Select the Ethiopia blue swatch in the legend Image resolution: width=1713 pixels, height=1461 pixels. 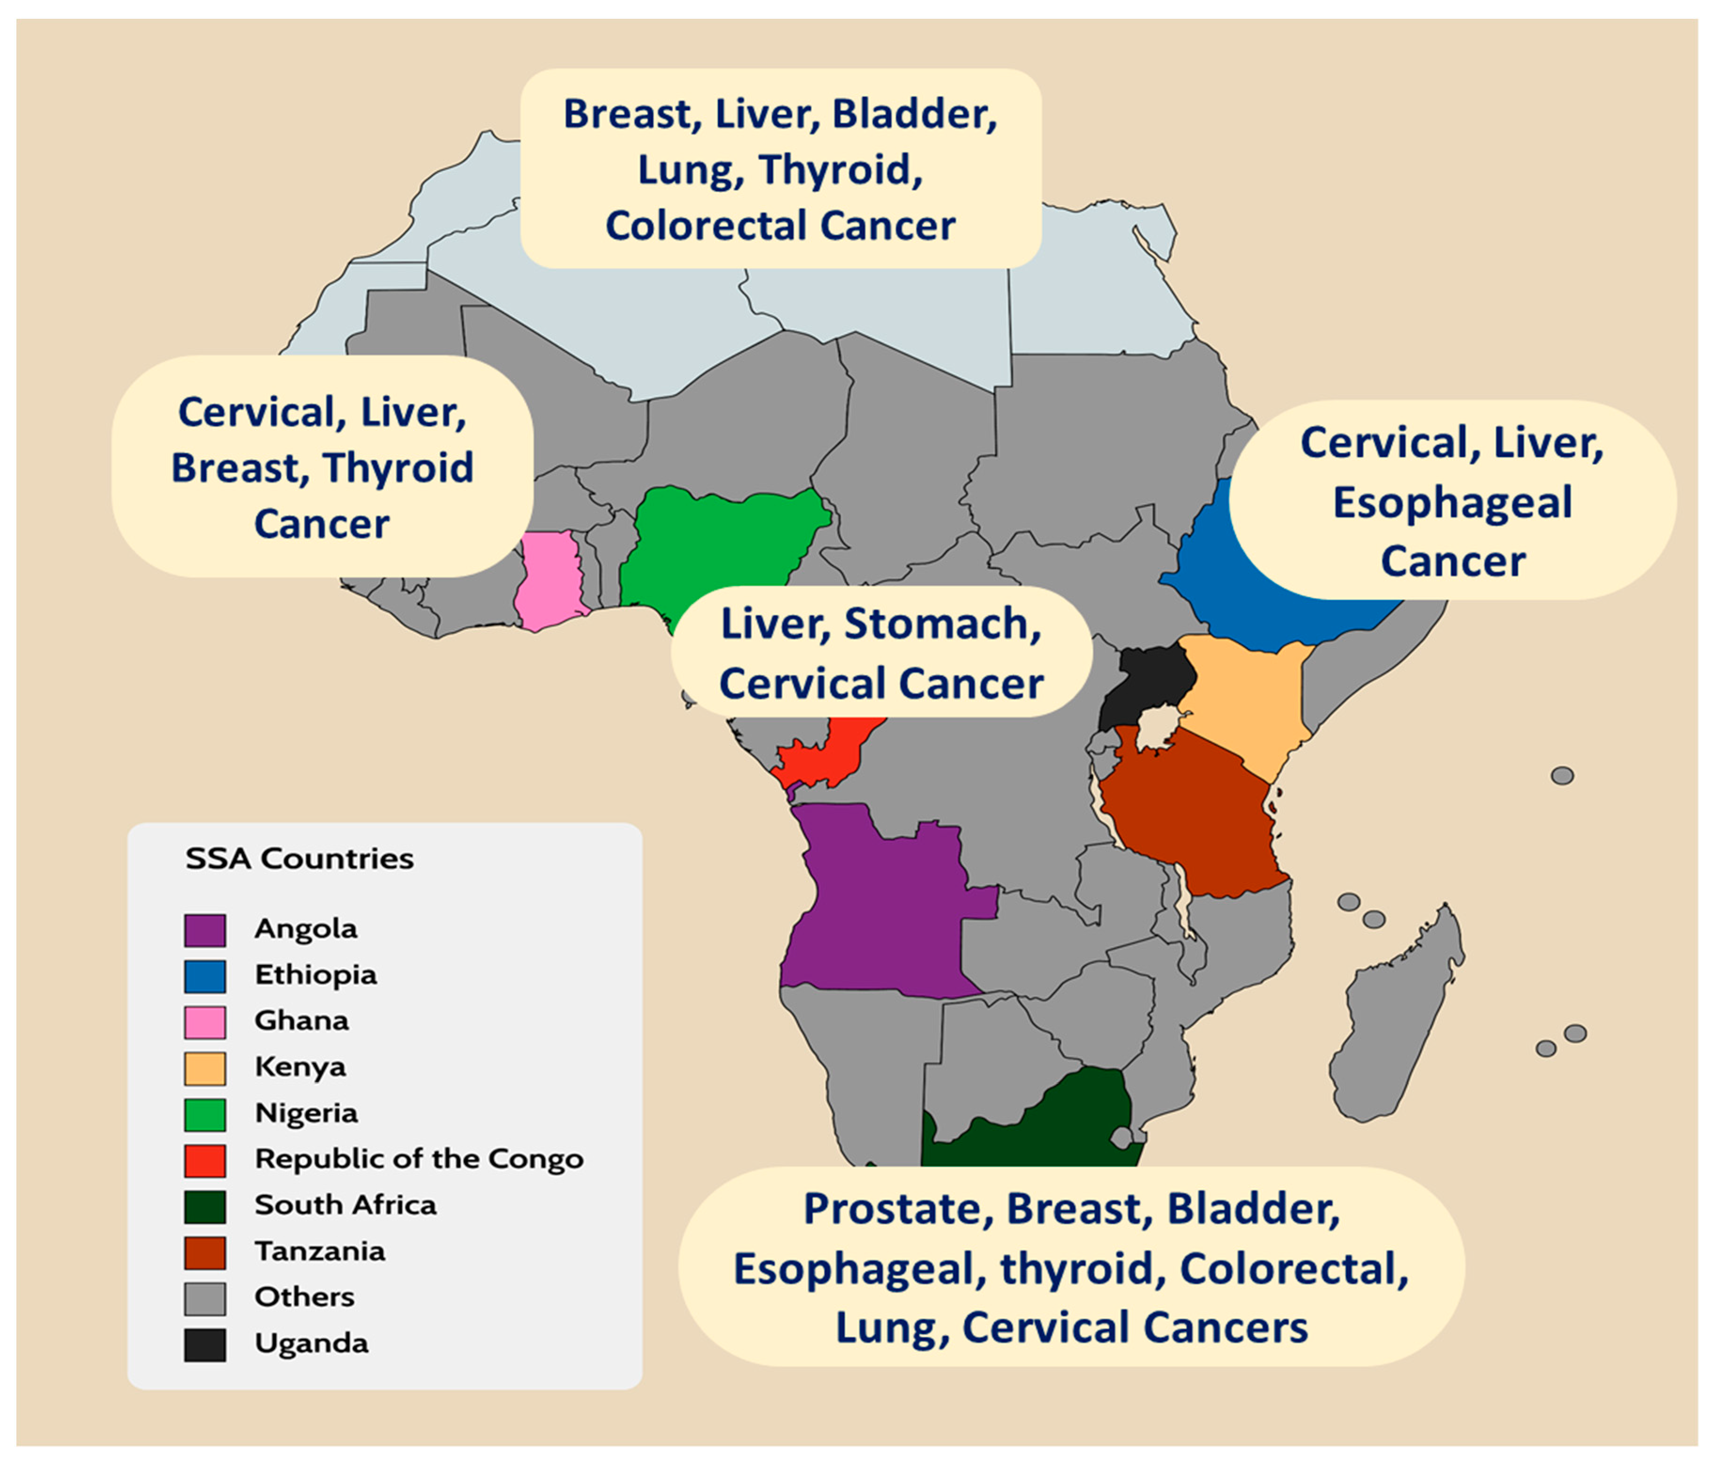(204, 976)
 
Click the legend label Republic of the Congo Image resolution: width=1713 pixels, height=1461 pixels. (418, 1159)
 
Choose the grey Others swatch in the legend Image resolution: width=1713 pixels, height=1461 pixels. (204, 1298)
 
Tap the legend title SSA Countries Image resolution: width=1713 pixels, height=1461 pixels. (299, 859)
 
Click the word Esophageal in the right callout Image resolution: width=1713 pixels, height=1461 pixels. (1453, 503)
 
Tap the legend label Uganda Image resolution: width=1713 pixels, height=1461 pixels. (311, 1343)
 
